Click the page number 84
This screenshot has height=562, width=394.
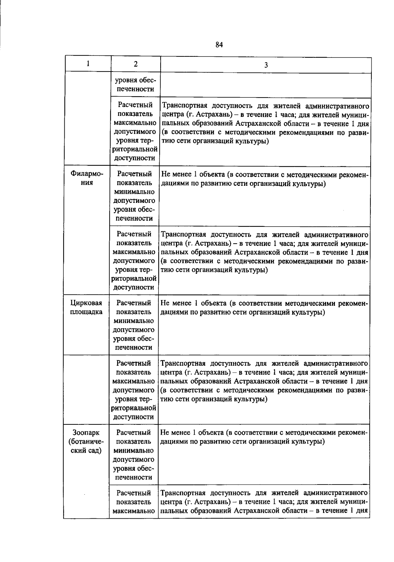(x=219, y=45)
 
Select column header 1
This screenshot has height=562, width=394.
(x=88, y=64)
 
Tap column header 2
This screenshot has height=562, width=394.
(x=136, y=64)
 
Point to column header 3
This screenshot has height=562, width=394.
(x=266, y=65)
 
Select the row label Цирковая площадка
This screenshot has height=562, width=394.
(x=86, y=307)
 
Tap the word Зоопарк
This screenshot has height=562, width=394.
(x=86, y=433)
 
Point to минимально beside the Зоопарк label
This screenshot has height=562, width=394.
(x=134, y=450)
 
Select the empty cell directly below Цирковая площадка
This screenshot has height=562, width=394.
(x=86, y=389)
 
